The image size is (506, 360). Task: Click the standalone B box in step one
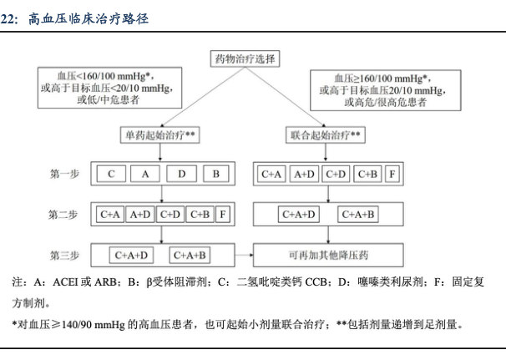pyautogui.click(x=215, y=174)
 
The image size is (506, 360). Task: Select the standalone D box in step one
pyautogui.click(x=180, y=174)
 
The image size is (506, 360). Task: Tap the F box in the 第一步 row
pyautogui.click(x=392, y=174)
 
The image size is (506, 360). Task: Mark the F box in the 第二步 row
pyautogui.click(x=221, y=215)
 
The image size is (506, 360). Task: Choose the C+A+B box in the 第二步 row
pyautogui.click(x=360, y=215)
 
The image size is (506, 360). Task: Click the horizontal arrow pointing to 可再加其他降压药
pyautogui.click(x=241, y=254)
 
